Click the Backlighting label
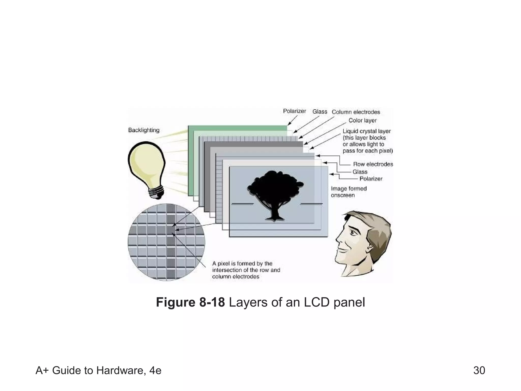point(144,130)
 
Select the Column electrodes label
point(356,112)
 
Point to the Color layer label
point(362,120)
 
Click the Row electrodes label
point(373,164)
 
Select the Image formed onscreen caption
point(349,192)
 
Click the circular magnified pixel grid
point(166,242)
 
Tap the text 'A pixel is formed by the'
point(242,263)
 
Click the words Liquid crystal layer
point(367,131)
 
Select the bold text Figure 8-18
point(190,302)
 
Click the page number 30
point(479,370)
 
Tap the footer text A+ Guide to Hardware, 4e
point(98,370)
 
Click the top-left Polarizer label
point(294,111)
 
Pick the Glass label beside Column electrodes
point(320,111)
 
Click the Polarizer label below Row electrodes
point(371,179)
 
